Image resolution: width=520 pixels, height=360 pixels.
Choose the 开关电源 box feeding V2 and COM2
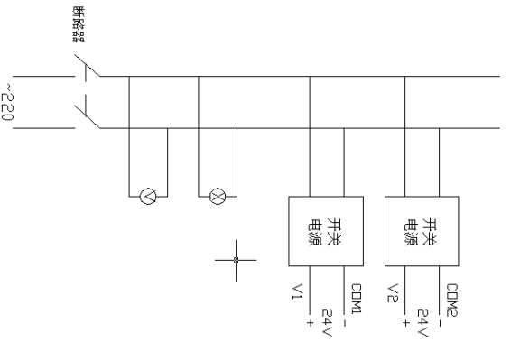pyautogui.click(x=422, y=230)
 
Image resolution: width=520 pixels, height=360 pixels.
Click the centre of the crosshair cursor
pyautogui.click(x=236, y=260)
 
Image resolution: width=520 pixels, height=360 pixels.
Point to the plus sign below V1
pyautogui.click(x=310, y=321)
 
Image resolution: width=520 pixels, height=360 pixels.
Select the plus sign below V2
pyautogui.click(x=407, y=321)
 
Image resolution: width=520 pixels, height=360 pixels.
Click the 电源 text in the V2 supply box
pyautogui.click(x=410, y=230)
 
